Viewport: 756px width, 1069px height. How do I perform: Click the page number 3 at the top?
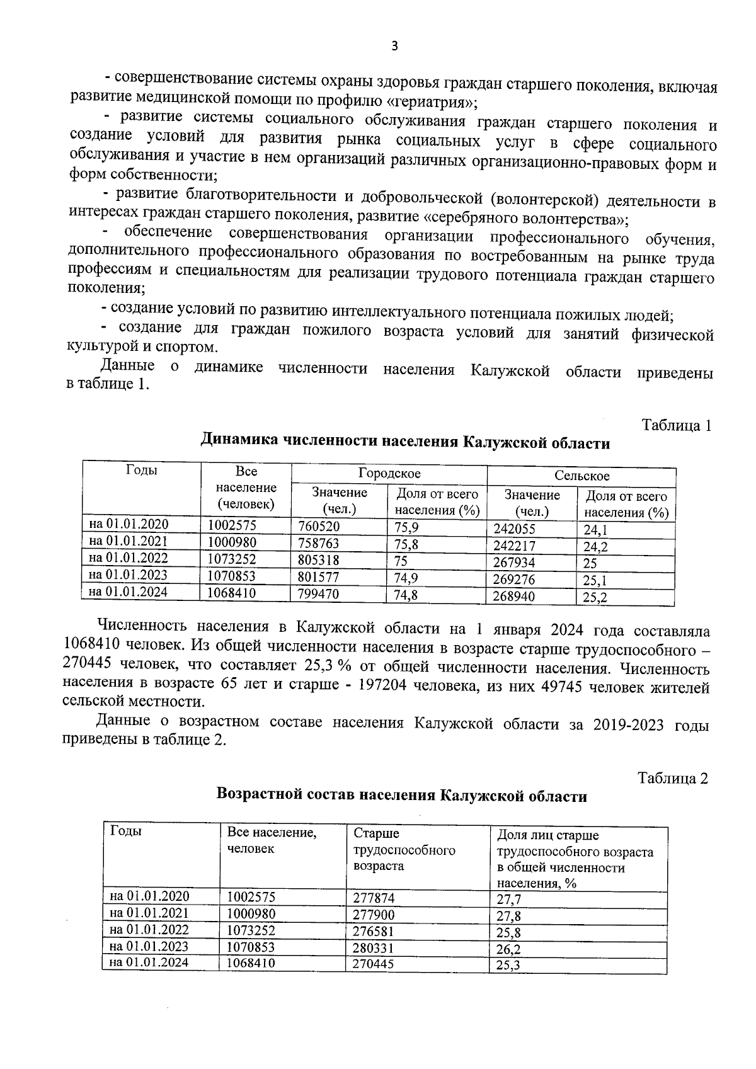(395, 46)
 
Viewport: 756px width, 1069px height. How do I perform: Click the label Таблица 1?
(676, 425)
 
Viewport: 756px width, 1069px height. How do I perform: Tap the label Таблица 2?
(673, 778)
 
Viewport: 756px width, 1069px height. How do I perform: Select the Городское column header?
(389, 474)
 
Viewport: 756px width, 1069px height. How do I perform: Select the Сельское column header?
(581, 476)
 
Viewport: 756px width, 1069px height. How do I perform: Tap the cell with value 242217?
(513, 546)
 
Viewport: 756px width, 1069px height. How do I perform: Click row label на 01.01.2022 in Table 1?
(129, 557)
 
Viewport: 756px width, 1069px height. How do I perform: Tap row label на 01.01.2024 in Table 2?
(149, 963)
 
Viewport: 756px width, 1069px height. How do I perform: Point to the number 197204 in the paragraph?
(389, 686)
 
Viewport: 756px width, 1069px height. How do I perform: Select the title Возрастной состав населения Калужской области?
(401, 796)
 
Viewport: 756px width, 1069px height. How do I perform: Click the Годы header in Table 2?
(125, 831)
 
